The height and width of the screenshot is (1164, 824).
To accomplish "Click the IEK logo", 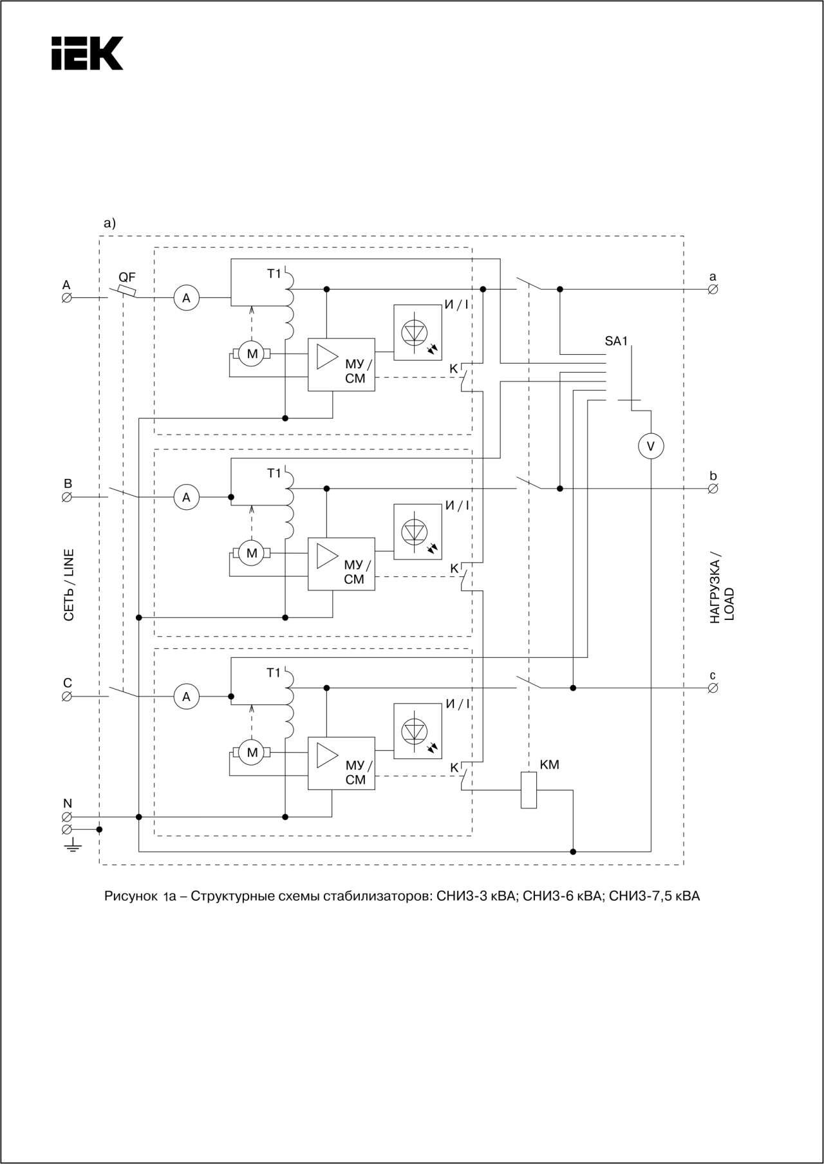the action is [87, 53].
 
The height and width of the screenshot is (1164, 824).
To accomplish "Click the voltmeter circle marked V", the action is [651, 446].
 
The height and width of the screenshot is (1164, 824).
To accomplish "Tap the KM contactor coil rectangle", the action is [529, 790].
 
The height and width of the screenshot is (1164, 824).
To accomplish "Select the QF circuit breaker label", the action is [127, 277].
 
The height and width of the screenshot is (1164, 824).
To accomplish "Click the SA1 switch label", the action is [616, 341].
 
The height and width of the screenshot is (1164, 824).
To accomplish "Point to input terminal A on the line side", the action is [66, 298].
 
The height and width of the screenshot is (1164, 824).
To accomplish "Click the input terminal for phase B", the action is [66, 497].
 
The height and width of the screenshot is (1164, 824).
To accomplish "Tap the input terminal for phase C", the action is [66, 697].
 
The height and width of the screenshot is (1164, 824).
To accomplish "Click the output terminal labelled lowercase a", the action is [713, 289].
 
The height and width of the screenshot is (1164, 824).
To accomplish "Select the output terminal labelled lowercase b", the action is [713, 489].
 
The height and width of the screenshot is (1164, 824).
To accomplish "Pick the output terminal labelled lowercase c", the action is [713, 688].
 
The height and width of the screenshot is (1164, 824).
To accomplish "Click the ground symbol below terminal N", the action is [72, 845].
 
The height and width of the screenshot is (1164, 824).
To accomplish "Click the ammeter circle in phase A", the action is [187, 298].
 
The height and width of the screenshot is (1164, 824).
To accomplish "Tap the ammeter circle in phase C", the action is [187, 697].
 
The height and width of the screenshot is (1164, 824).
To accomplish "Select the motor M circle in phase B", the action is [252, 553].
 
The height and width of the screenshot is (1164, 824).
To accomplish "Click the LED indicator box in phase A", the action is [418, 332].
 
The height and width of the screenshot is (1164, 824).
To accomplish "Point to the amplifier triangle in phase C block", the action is [327, 756].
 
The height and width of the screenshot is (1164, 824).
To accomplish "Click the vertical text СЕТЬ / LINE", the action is [69, 585].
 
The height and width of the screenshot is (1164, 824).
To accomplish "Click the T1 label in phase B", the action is [274, 473].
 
